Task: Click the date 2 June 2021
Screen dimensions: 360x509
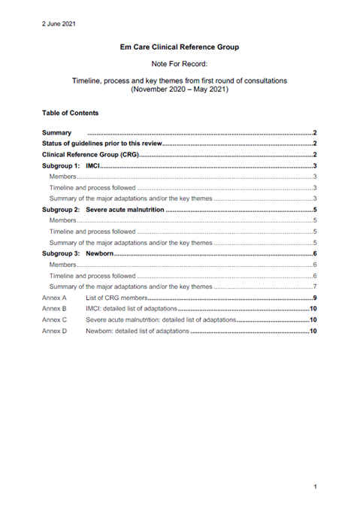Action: click(x=58, y=23)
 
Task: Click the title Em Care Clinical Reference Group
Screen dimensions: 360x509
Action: click(x=180, y=47)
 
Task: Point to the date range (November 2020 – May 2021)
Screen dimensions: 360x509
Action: click(x=180, y=89)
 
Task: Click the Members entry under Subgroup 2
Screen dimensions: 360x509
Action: click(x=62, y=221)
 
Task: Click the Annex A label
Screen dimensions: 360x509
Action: click(x=54, y=298)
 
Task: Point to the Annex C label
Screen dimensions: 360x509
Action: click(x=54, y=320)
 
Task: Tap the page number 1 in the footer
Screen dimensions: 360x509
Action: click(x=315, y=488)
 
